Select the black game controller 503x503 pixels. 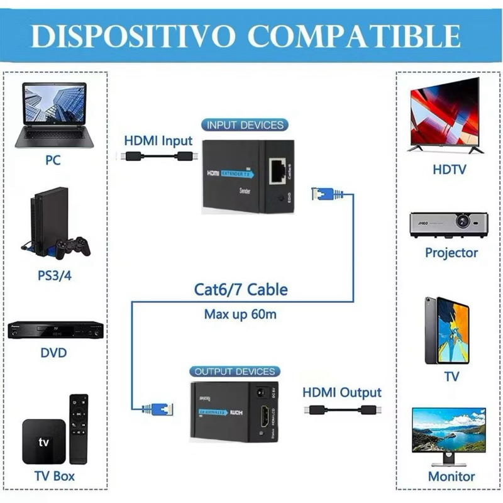tap(73, 247)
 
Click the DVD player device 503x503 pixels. tap(55, 329)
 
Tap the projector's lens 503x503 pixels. tap(463, 221)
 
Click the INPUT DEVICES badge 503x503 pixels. tap(245, 125)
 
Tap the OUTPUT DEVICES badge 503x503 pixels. tap(235, 372)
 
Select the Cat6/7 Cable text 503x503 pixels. tap(241, 290)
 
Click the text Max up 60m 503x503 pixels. tap(240, 314)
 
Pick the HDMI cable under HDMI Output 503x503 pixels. tap(343, 409)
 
